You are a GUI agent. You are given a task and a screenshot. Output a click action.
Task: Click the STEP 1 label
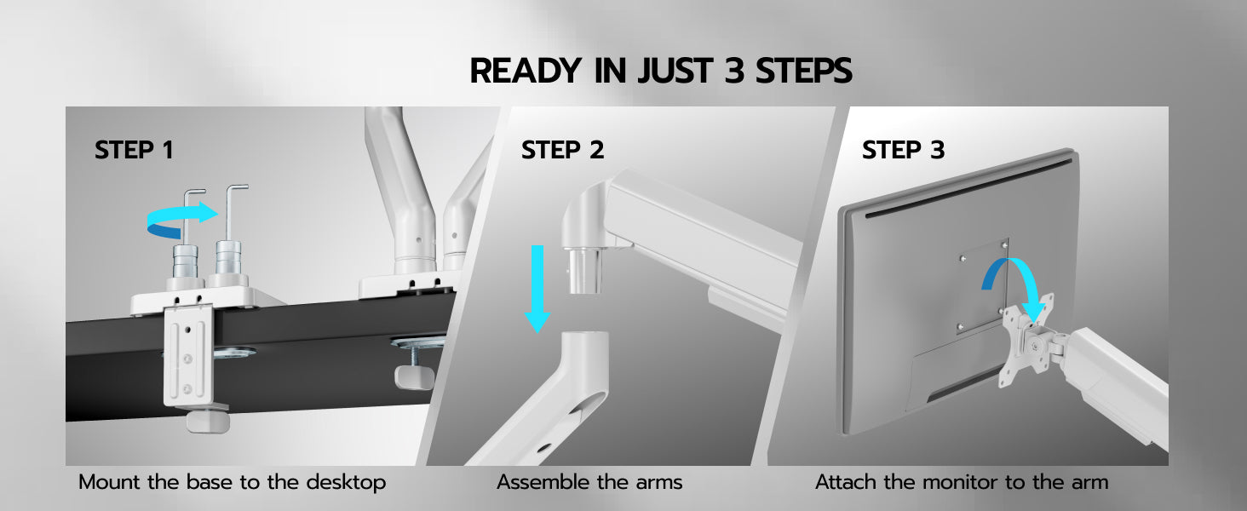tap(134, 150)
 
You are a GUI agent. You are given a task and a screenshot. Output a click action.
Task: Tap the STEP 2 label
tap(562, 150)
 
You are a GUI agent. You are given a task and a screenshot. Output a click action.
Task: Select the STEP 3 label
tap(903, 150)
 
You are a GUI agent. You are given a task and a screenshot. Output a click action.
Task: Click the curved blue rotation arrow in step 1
tap(181, 220)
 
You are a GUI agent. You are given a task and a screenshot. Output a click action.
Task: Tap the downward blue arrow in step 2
tap(537, 289)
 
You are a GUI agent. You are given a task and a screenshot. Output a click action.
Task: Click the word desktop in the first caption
tap(346, 482)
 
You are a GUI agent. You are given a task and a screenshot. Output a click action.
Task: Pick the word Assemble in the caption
tap(543, 482)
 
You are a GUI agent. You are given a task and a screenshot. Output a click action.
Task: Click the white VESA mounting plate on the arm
tap(1026, 341)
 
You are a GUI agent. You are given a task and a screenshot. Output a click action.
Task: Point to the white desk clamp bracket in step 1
tap(188, 355)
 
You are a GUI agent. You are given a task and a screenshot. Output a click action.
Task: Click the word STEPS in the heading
tap(803, 71)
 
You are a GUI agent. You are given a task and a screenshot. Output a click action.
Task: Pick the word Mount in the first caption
tap(109, 482)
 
